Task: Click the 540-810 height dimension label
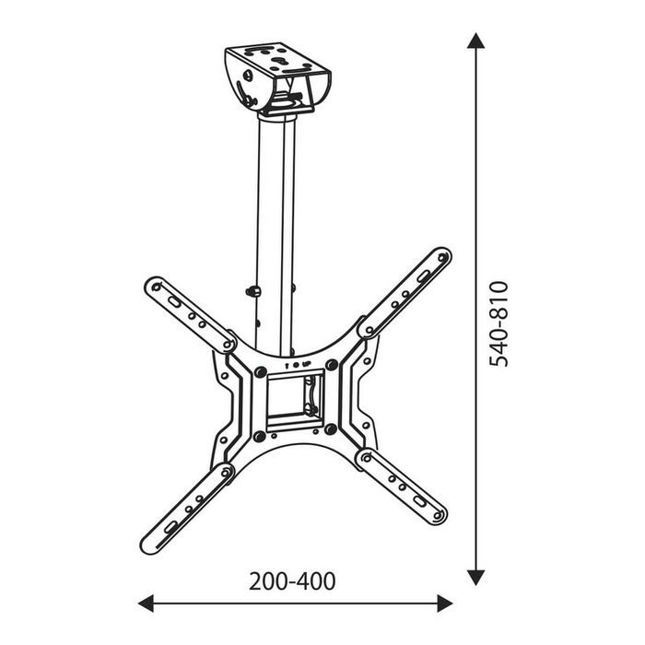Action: (x=498, y=323)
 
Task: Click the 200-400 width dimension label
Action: (x=292, y=581)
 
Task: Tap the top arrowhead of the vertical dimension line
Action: (x=475, y=41)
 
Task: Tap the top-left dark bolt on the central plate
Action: (x=261, y=371)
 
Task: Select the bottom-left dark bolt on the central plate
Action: (x=261, y=435)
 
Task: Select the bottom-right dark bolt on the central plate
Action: (x=329, y=429)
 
